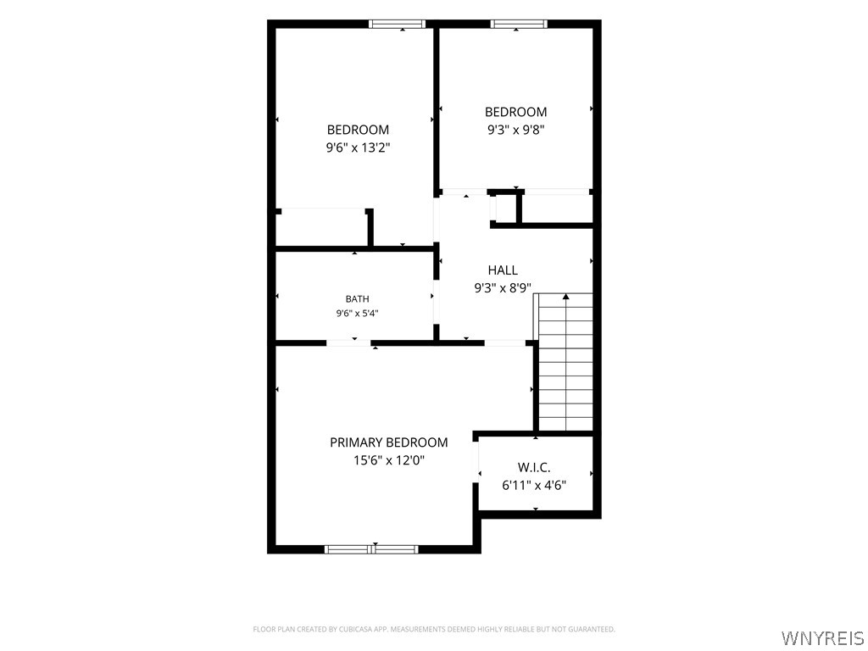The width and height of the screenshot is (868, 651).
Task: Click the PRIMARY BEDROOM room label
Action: tap(388, 442)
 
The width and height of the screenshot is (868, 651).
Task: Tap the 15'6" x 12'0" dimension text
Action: tap(388, 460)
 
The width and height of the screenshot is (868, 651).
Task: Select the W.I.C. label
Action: tap(534, 467)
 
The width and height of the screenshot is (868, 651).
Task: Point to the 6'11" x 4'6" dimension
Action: tap(534, 486)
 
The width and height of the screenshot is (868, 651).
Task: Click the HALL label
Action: tap(503, 270)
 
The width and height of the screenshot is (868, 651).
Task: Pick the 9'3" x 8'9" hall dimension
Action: tap(503, 288)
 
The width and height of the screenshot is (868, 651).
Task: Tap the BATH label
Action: tap(357, 299)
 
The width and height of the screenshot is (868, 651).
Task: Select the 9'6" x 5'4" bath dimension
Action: tap(357, 314)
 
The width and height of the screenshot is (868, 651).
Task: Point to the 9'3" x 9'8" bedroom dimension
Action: tap(516, 130)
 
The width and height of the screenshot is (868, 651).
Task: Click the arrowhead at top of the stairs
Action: tap(565, 298)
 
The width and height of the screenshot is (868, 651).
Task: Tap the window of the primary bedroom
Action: tap(371, 549)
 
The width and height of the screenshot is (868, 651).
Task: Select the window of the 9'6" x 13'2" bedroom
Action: tap(398, 24)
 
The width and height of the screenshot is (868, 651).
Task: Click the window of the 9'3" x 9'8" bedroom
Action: tap(519, 24)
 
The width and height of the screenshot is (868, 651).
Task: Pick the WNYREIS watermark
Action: tap(822, 637)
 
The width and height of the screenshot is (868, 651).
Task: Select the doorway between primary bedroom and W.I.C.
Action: tap(476, 462)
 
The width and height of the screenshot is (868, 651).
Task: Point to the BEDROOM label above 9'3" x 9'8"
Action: tap(516, 112)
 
